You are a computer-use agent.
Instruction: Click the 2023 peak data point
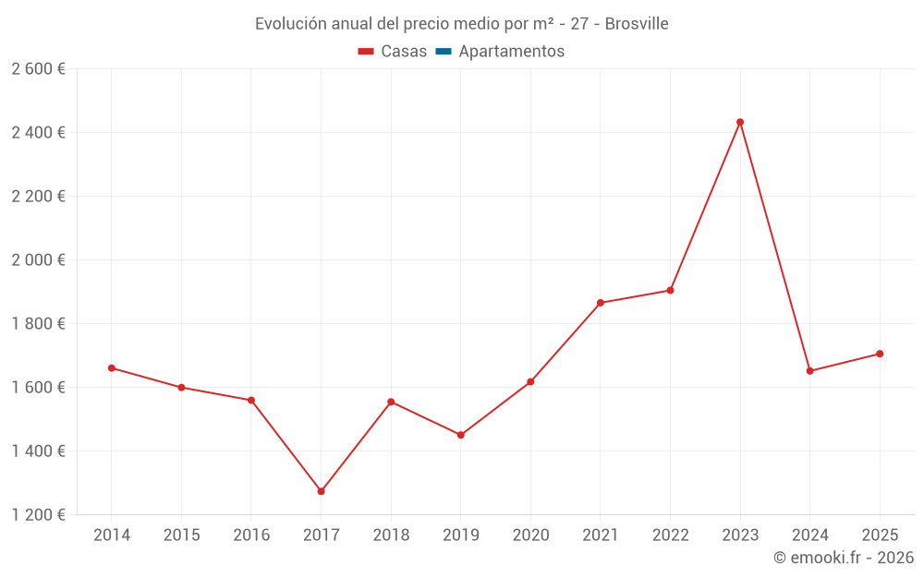coord(740,122)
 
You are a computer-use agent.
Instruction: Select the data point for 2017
coord(321,491)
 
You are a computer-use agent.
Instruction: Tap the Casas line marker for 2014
coord(112,368)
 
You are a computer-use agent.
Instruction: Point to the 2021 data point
coord(601,303)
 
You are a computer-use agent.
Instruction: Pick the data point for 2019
coord(461,435)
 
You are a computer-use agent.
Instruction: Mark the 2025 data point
coord(880,354)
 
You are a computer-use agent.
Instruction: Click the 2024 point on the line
coord(810,371)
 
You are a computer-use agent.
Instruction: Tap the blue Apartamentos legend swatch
coord(444,52)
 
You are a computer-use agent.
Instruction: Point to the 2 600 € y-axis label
coord(38,69)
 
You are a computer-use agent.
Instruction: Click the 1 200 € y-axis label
coord(38,515)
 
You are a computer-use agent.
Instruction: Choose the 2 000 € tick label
coord(38,260)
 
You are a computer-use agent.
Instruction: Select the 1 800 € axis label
coord(38,324)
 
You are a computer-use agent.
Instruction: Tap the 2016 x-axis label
coord(251,535)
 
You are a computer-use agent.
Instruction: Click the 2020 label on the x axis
coord(530,535)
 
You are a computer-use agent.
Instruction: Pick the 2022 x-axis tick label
coord(670,535)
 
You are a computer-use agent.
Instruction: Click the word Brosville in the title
coord(637,23)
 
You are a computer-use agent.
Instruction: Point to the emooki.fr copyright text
coord(844,558)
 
